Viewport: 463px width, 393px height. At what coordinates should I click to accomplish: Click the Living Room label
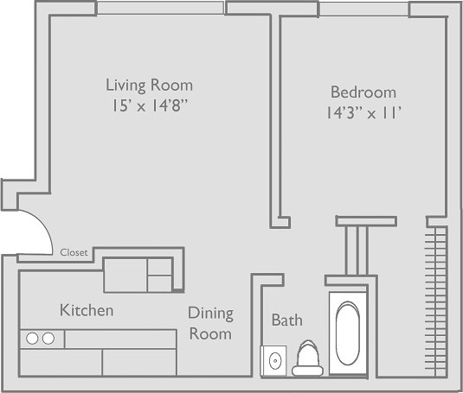pyautogui.click(x=150, y=86)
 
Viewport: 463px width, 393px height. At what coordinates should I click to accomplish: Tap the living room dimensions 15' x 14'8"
pyautogui.click(x=150, y=105)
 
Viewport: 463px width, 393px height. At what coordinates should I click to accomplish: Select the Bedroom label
pyautogui.click(x=363, y=92)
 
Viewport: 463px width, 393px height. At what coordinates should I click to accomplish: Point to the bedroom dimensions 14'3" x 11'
pyautogui.click(x=363, y=113)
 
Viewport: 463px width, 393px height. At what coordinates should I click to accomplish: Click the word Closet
pyautogui.click(x=74, y=252)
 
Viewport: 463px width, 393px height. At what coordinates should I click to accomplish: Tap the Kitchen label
pyautogui.click(x=87, y=310)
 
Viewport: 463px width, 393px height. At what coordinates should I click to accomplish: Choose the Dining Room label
pyautogui.click(x=210, y=323)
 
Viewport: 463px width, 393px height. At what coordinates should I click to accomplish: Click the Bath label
pyautogui.click(x=287, y=320)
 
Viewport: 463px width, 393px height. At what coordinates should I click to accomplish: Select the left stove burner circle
pyautogui.click(x=32, y=339)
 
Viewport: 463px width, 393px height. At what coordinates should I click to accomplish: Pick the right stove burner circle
pyautogui.click(x=48, y=339)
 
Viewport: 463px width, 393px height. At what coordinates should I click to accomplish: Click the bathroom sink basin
pyautogui.click(x=275, y=360)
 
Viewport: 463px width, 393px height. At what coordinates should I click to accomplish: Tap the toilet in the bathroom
pyautogui.click(x=308, y=358)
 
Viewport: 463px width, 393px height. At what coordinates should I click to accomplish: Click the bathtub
pyautogui.click(x=348, y=333)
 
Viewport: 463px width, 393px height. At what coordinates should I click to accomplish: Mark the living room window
pyautogui.click(x=160, y=8)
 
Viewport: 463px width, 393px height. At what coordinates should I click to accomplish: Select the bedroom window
pyautogui.click(x=363, y=9)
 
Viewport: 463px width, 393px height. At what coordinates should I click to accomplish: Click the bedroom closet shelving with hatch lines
pyautogui.click(x=436, y=301)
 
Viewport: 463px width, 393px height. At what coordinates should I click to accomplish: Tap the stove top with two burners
pyautogui.click(x=42, y=339)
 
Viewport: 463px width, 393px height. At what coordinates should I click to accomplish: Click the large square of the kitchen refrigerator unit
pyautogui.click(x=125, y=276)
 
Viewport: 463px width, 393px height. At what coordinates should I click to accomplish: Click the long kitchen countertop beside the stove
pyautogui.click(x=121, y=339)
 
